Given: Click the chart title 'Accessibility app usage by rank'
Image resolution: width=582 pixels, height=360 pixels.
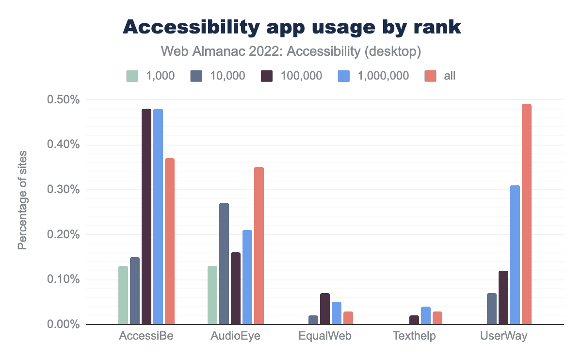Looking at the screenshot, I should tap(291, 27).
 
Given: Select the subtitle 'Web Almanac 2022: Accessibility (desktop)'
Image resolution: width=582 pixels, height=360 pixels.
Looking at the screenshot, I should tap(291, 50).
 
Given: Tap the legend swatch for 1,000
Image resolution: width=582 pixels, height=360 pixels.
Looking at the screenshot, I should tap(132, 76).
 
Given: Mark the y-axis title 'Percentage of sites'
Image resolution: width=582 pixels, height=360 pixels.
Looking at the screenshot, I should tap(22, 200).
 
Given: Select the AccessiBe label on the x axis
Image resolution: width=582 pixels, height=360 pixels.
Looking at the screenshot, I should tap(146, 336).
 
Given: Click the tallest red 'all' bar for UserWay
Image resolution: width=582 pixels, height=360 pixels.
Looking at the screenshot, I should tap(526, 214).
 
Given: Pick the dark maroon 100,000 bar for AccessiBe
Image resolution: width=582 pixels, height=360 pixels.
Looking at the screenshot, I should tap(146, 216).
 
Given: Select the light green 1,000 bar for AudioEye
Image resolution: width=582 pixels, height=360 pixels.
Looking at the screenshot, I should tap(212, 295).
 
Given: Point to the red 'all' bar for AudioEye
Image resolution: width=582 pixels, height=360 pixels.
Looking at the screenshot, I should tap(259, 245).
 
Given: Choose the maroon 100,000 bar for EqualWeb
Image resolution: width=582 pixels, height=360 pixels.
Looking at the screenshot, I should tap(324, 309).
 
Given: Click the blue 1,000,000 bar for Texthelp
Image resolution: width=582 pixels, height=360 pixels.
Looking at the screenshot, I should tap(425, 315).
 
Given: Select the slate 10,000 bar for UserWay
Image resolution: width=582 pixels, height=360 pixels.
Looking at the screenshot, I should tap(491, 309).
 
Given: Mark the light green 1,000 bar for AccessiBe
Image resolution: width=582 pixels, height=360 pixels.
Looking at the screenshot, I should tap(123, 295).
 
